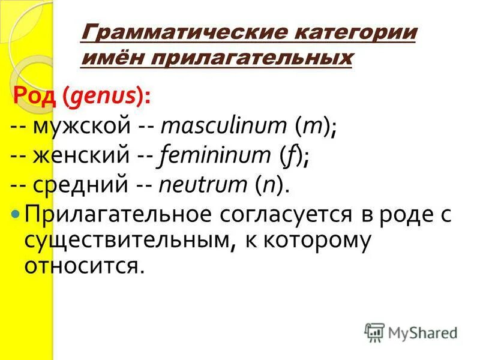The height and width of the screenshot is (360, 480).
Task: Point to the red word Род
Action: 37,96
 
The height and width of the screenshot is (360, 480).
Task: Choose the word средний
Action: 83,186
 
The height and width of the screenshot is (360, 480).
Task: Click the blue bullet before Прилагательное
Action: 17,214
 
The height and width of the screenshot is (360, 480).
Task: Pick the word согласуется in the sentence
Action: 288,215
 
